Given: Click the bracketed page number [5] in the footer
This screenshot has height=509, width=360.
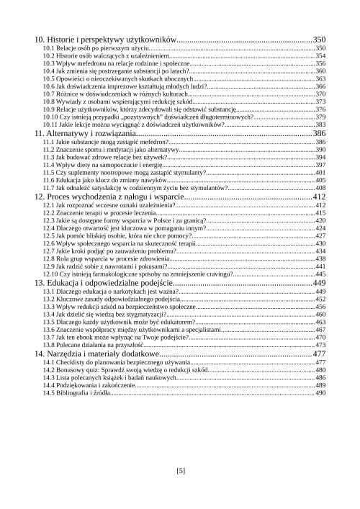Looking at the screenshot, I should [x=180, y=471].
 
